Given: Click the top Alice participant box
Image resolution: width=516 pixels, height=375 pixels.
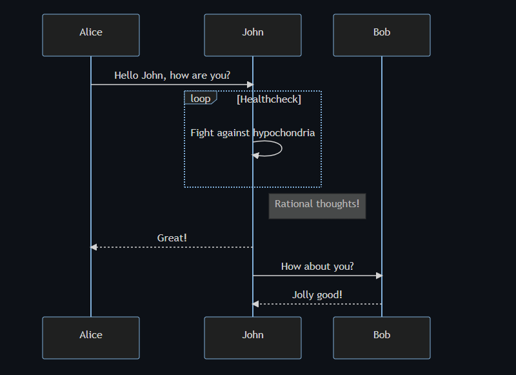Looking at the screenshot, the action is click(91, 35).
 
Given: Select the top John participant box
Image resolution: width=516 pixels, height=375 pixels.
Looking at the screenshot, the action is click(253, 35).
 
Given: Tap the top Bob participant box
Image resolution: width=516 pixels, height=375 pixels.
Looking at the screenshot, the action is click(382, 35).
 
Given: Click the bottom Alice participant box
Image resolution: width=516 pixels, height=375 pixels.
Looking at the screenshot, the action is click(91, 338).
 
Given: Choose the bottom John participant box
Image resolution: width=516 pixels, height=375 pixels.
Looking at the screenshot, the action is click(253, 338).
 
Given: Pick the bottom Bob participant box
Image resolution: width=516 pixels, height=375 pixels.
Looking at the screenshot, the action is click(382, 338).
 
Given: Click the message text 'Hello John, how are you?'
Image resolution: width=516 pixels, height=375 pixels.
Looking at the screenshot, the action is click(172, 76).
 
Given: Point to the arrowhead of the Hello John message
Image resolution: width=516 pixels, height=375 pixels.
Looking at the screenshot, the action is click(250, 85).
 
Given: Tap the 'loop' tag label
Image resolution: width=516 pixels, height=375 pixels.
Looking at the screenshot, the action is click(201, 99).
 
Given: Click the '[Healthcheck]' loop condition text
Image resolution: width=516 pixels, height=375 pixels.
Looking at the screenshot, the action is click(269, 99).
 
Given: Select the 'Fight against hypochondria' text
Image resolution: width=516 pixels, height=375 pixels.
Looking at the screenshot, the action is click(253, 133).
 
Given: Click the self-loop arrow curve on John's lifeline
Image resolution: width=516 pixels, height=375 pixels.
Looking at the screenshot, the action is click(282, 148).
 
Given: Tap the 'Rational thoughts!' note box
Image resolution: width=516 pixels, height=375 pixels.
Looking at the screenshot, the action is click(317, 206).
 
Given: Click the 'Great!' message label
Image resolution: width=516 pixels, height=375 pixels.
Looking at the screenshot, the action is click(172, 238).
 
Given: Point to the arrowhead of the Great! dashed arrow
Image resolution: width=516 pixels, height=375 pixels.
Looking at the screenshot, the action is click(94, 247).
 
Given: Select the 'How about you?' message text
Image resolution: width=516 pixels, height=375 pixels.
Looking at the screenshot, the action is click(317, 266).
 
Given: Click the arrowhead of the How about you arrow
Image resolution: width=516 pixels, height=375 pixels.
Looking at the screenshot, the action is click(379, 276).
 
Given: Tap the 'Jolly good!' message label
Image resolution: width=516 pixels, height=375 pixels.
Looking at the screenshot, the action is click(317, 295).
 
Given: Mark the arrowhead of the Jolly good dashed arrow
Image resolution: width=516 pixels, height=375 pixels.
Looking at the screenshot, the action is click(255, 304).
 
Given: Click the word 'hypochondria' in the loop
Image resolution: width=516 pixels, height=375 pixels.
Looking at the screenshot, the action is click(284, 133).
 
